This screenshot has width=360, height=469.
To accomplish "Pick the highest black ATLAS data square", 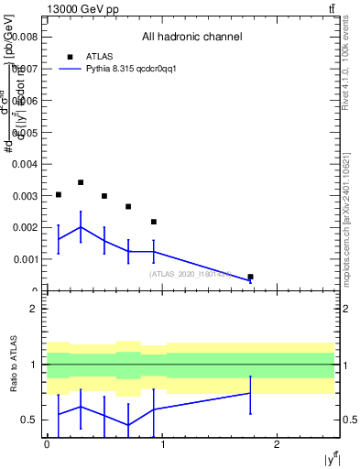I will tap(81, 182).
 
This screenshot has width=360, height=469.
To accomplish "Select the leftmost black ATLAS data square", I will tap(59, 195).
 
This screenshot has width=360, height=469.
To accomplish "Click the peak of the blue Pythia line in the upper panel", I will tap(81, 227).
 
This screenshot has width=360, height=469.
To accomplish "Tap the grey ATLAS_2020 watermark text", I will tap(190, 274).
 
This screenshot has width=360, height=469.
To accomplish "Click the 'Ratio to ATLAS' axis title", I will tap(13, 365).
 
